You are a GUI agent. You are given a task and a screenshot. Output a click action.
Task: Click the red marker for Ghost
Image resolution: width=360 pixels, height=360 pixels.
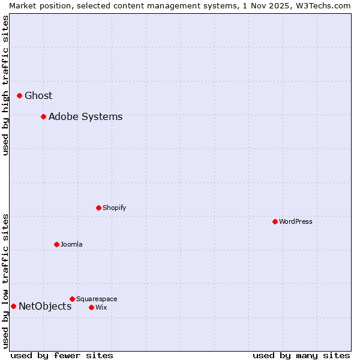pos(19,95)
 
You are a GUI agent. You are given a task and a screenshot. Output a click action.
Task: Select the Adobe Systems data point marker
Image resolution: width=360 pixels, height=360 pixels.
pos(43,116)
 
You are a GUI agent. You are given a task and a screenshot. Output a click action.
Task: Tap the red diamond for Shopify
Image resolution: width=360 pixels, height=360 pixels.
pos(98,208)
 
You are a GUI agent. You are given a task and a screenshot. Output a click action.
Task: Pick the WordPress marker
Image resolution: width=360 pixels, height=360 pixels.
pos(275,221)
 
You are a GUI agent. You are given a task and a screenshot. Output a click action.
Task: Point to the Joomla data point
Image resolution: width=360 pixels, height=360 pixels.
pos(56,244)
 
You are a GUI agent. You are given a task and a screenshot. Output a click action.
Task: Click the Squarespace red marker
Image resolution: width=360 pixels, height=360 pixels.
pos(72,299)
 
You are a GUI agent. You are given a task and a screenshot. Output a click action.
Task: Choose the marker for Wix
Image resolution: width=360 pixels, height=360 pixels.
pos(91,307)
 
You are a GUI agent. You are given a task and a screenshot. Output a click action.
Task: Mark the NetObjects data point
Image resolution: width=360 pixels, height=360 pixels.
pos(13,306)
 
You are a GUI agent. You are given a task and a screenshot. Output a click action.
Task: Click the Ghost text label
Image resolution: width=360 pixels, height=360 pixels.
pos(38,95)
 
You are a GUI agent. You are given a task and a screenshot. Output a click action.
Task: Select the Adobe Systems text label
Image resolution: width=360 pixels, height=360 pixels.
pos(85,116)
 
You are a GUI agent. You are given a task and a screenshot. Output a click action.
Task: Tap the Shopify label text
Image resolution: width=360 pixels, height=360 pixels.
pos(114,208)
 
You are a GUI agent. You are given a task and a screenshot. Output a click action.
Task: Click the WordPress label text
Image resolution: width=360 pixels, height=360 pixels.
pos(295,221)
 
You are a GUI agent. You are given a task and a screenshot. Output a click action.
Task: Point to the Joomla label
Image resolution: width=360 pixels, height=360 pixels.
pos(71,244)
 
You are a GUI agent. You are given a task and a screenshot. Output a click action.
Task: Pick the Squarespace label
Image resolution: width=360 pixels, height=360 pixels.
pos(97,299)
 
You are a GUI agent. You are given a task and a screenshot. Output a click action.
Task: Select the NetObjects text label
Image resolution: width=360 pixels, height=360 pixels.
pos(45,306)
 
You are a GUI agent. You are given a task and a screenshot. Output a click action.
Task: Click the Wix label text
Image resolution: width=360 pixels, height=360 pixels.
pos(101,307)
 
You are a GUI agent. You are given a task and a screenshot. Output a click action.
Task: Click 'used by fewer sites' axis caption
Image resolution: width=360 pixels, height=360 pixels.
pos(62,355)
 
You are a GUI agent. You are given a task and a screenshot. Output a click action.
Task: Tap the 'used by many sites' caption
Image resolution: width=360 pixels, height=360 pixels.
pos(301,355)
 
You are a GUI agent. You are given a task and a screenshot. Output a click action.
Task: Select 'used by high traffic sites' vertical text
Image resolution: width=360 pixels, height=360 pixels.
pos(5,86)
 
